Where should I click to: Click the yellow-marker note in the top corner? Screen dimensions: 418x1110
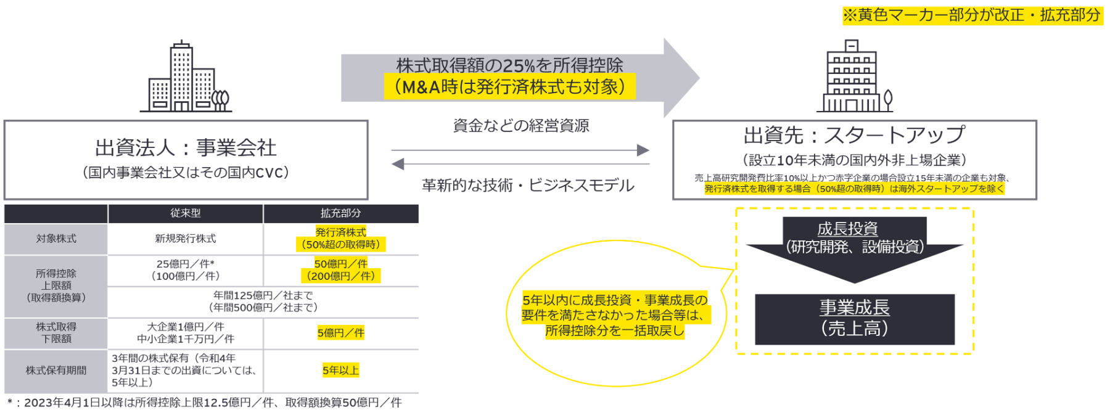click(x=972, y=15)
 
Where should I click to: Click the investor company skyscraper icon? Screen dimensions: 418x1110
click(x=186, y=77)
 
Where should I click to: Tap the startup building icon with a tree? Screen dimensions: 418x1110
click(x=855, y=77)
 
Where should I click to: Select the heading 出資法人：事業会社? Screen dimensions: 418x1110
click(x=186, y=148)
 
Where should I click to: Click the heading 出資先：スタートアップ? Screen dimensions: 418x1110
click(x=854, y=135)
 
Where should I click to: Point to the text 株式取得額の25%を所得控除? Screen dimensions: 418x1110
click(x=509, y=65)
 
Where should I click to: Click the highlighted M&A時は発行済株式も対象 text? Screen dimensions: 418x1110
click(x=509, y=87)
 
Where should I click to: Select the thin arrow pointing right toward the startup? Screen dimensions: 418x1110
click(x=520, y=150)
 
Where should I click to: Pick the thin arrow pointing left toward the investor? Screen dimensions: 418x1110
click(x=520, y=164)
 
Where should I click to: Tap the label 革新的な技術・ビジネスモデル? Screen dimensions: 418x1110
click(x=528, y=186)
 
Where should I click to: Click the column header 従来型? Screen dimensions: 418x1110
click(x=186, y=213)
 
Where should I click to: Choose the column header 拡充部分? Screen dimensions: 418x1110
click(x=340, y=213)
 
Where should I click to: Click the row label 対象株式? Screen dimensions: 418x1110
click(x=56, y=239)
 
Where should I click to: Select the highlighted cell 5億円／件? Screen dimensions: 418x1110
click(x=340, y=333)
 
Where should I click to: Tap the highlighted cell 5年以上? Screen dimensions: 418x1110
click(x=340, y=371)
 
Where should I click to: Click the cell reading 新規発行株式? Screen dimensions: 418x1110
click(x=186, y=239)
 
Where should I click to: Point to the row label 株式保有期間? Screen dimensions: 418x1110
click(x=56, y=371)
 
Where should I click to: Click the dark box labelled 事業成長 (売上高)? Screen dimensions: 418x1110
click(x=854, y=319)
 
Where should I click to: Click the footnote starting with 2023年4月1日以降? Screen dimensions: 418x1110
click(x=210, y=403)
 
